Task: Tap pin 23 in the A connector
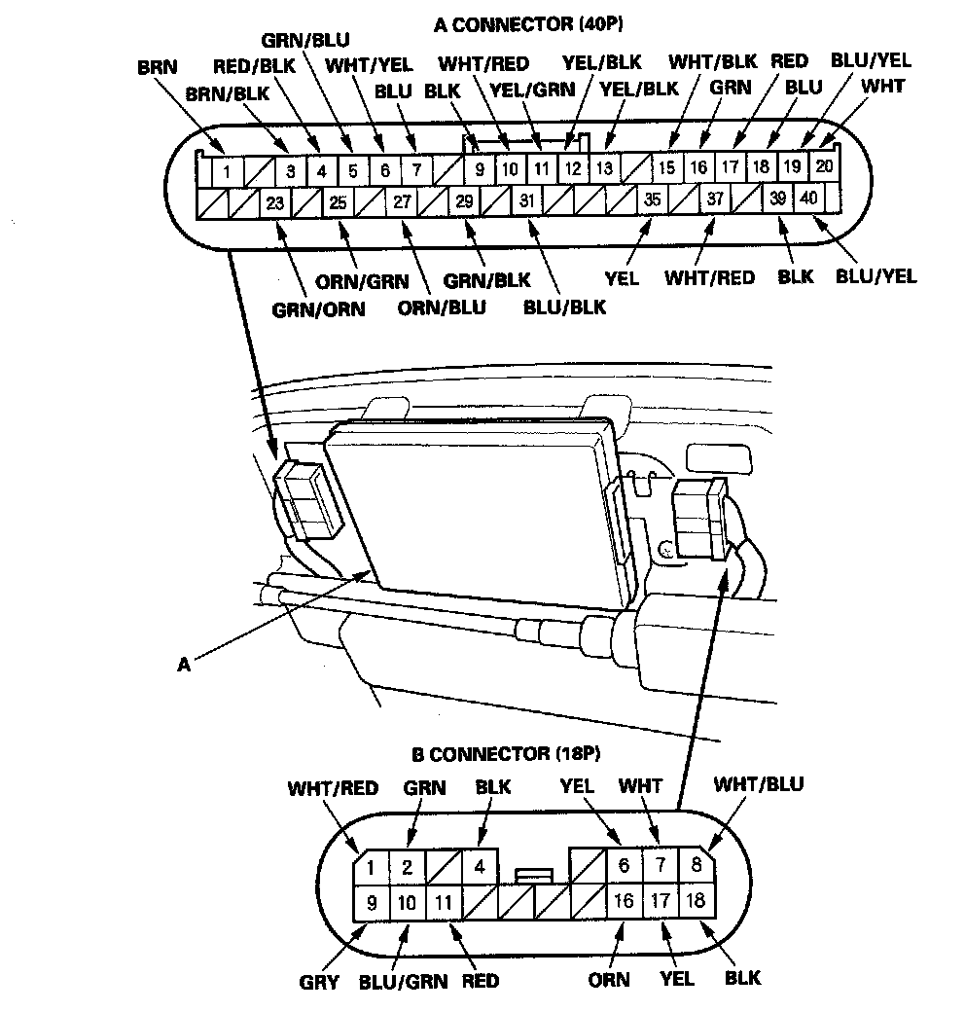point(276,204)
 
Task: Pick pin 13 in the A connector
point(605,167)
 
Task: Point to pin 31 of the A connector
point(527,202)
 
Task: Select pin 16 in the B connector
point(625,901)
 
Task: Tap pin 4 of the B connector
point(480,866)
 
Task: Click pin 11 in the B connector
point(443,902)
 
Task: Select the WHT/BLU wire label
point(759,784)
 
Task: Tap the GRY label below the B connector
point(319,982)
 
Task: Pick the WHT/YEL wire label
point(368,66)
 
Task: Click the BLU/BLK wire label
point(564,307)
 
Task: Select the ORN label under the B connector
point(608,979)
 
